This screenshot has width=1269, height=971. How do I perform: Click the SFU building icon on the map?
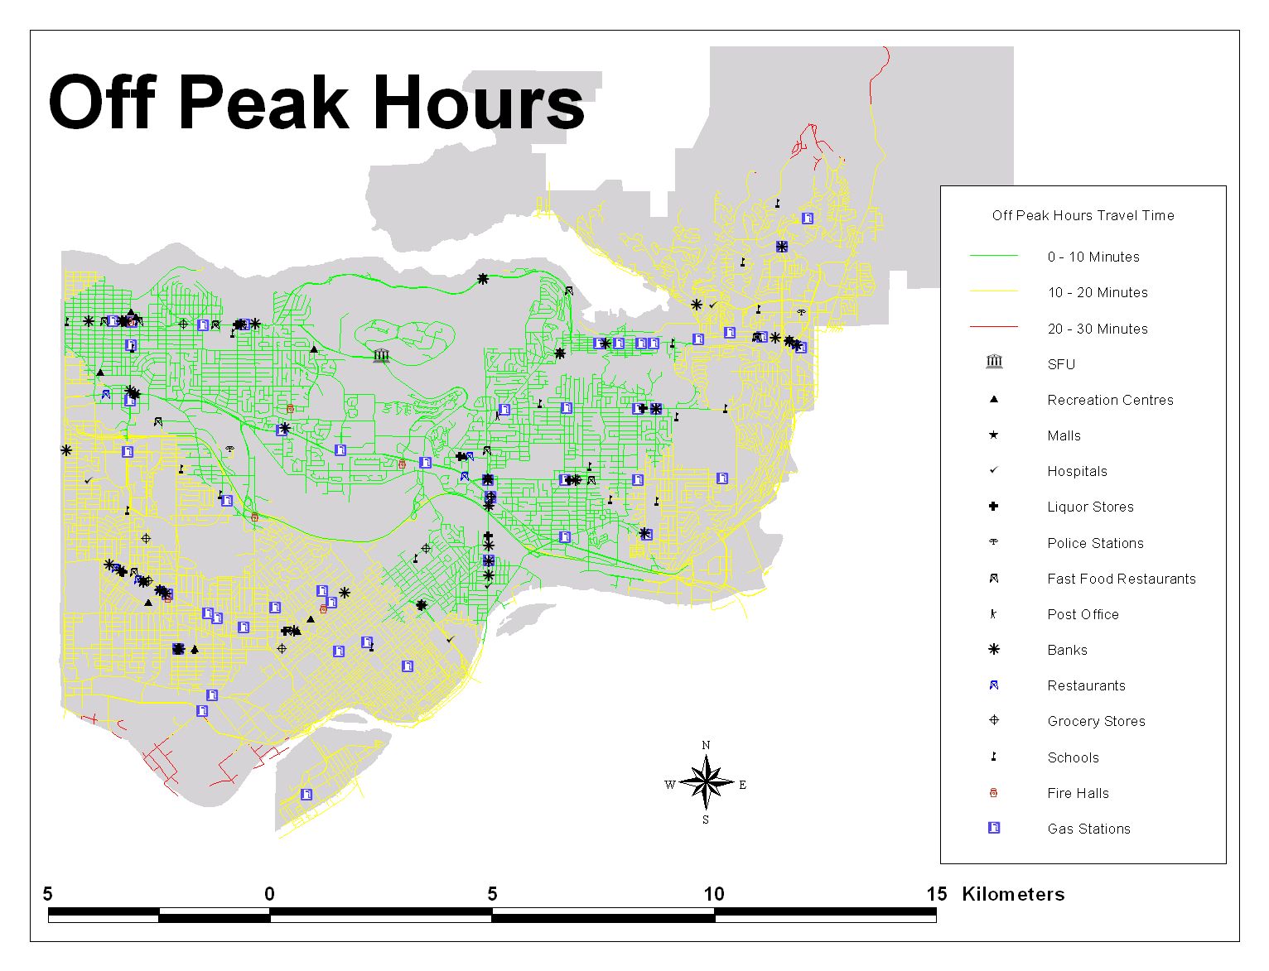click(381, 356)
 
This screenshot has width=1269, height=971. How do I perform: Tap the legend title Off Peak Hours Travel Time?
click(1083, 216)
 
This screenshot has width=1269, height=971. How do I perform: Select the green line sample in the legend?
click(994, 257)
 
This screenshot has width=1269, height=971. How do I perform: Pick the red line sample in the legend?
click(994, 328)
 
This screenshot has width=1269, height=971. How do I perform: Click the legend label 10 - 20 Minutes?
click(1097, 293)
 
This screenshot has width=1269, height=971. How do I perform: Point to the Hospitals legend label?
click(1077, 472)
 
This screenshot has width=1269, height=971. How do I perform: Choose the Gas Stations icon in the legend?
click(994, 828)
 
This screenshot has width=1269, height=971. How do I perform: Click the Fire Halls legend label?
click(1078, 793)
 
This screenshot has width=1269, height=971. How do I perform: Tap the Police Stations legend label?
click(1095, 543)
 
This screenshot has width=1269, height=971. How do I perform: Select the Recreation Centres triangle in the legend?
click(994, 400)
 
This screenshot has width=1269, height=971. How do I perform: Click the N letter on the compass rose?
click(706, 745)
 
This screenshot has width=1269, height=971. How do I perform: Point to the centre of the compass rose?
click(706, 783)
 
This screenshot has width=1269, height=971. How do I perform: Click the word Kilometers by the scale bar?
click(1013, 894)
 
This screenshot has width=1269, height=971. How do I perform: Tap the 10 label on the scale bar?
click(714, 894)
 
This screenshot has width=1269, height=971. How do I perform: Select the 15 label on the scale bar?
click(936, 894)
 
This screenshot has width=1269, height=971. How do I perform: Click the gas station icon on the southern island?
click(306, 795)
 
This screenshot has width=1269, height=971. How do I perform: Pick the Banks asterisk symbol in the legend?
click(994, 650)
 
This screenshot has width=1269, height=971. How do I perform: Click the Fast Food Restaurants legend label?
click(1121, 579)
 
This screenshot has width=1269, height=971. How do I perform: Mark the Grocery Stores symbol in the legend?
click(994, 720)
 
